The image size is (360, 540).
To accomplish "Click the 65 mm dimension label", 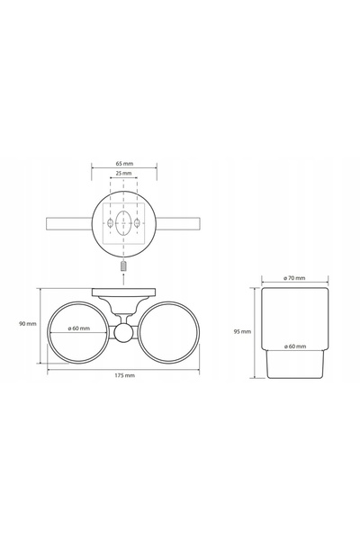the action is point(124,164).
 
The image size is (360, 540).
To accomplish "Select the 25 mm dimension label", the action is point(123,173).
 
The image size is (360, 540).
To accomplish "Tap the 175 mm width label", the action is point(125,375).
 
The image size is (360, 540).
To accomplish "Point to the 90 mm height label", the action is point(27,324).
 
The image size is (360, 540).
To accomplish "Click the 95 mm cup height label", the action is point(242,332).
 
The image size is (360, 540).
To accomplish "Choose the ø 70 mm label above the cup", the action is point(294,278).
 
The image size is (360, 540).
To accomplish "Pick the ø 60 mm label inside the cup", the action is point(295,346).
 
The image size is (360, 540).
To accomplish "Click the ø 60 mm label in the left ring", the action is point(79,328).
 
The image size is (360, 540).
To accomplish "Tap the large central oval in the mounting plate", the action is point(123,222).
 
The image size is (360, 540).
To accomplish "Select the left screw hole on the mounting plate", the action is point(110,223).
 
